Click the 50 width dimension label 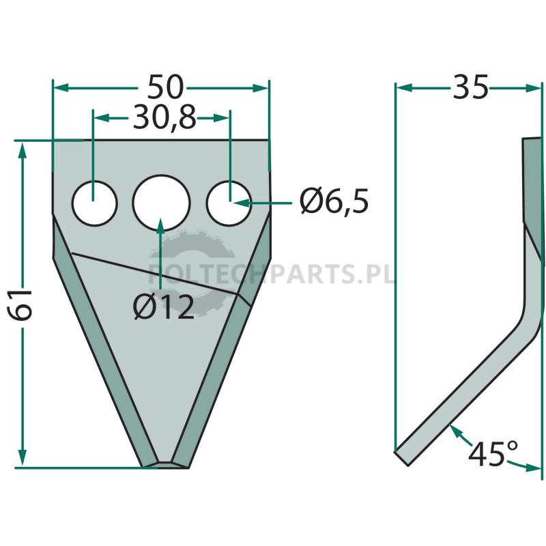(165, 87)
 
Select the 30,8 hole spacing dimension (164, 117)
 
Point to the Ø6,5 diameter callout (334, 201)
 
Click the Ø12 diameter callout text (164, 307)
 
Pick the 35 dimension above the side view (470, 87)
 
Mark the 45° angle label (492, 453)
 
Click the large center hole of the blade (161, 203)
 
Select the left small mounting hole (94, 203)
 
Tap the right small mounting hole (229, 203)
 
